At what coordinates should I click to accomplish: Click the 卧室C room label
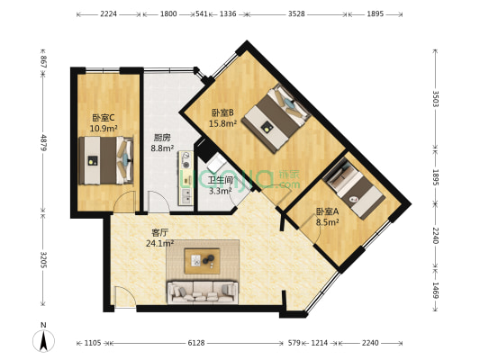(x=103, y=118)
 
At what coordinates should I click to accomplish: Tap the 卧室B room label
(x=222, y=112)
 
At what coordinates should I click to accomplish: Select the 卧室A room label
(x=327, y=211)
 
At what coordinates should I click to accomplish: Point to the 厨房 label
(x=161, y=138)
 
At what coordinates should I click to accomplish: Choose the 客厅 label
(x=161, y=232)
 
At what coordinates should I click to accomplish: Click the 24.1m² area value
(x=161, y=242)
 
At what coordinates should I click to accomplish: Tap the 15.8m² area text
(x=222, y=123)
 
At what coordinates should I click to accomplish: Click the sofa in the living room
(x=202, y=291)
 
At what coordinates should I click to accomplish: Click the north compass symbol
(x=43, y=340)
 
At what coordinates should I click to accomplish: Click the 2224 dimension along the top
(x=108, y=14)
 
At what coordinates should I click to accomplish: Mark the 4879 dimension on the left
(x=42, y=142)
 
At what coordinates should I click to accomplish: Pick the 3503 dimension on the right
(x=436, y=99)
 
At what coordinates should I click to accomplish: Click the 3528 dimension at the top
(x=294, y=14)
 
